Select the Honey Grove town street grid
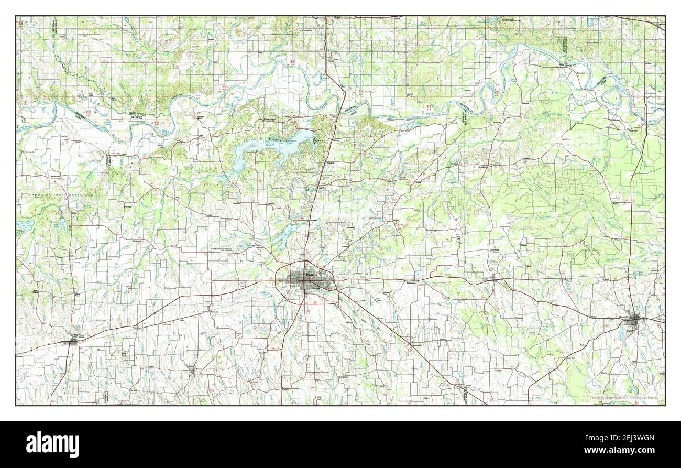click(73, 341)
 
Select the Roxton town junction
click(194, 373)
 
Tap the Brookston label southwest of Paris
click(213, 311)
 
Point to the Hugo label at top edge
click(337, 18)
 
